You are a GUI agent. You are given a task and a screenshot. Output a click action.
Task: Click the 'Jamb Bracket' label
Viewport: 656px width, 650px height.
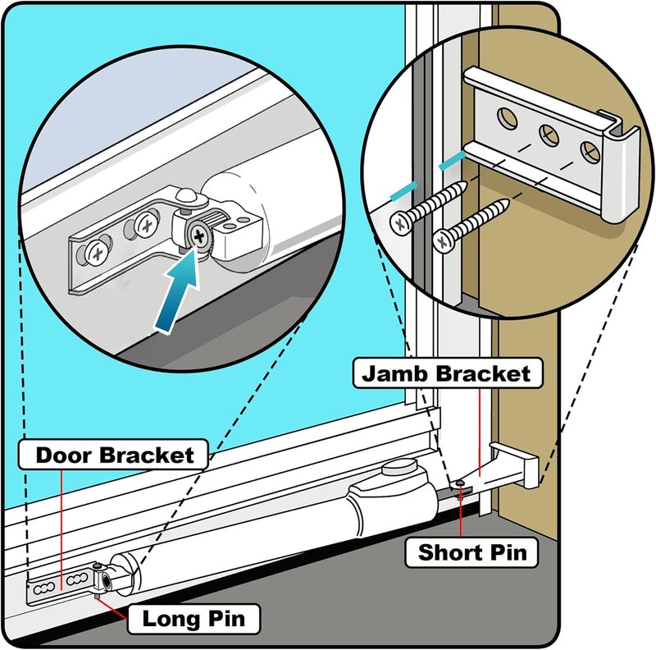coord(442,374)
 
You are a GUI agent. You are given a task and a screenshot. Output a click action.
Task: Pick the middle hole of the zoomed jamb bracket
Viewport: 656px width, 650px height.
coord(549,134)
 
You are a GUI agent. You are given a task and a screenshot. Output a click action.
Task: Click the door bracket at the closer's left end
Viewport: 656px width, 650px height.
coord(57,584)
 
